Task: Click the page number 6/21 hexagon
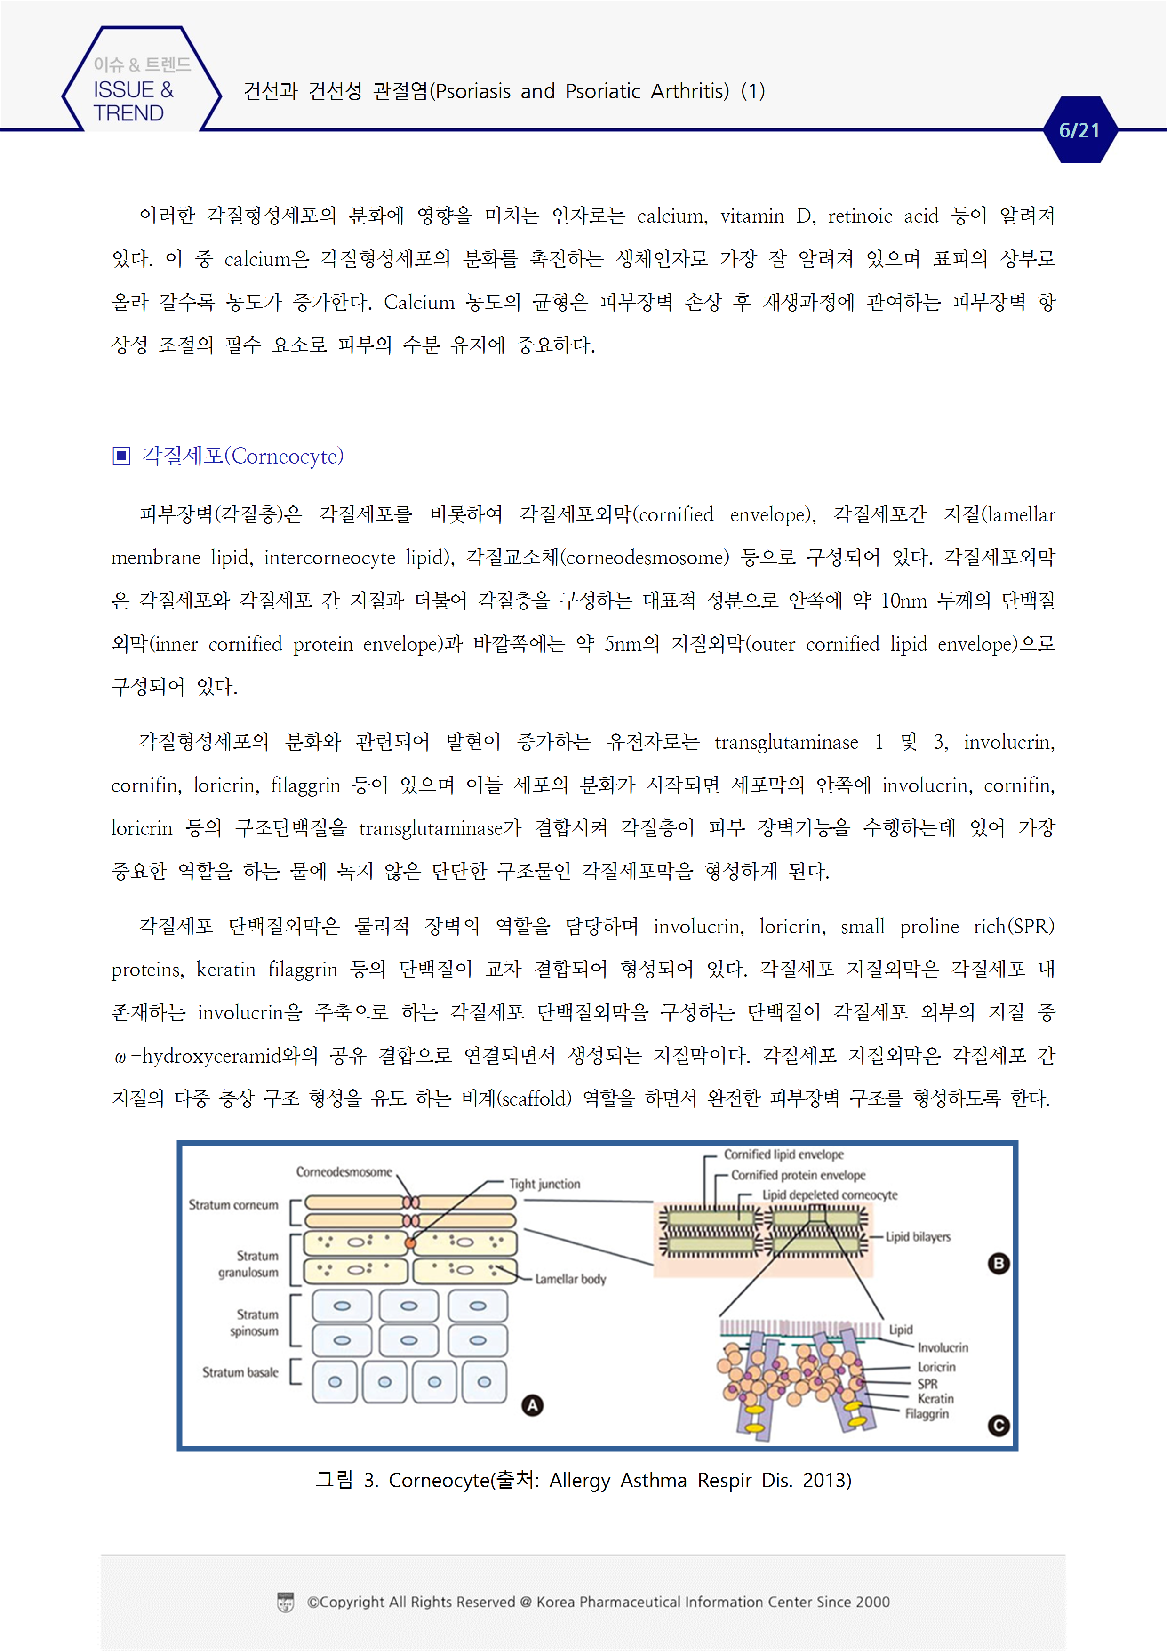point(1079,130)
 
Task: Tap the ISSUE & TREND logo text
point(133,101)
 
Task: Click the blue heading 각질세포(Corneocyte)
point(242,456)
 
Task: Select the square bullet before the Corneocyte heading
point(121,456)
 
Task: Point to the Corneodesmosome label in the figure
point(344,1172)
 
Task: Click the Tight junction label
point(544,1184)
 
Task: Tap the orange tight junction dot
point(410,1242)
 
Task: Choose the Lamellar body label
point(570,1279)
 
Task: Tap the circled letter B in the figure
point(998,1263)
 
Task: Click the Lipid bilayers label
point(918,1237)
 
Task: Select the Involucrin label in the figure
point(942,1347)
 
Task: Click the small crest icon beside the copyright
point(286,1602)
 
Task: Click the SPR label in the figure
point(927,1384)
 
